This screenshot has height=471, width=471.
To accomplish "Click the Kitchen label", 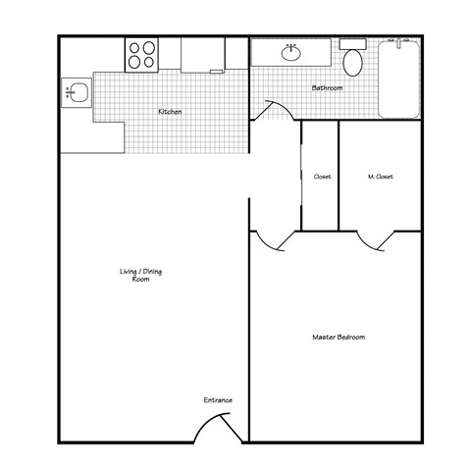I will pyautogui.click(x=170, y=112).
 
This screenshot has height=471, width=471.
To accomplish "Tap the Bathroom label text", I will pyautogui.click(x=327, y=88).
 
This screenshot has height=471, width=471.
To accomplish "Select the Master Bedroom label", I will pyautogui.click(x=339, y=338).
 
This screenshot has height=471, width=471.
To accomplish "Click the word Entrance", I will pyautogui.click(x=218, y=399).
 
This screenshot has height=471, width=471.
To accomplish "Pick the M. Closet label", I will pyautogui.click(x=380, y=177).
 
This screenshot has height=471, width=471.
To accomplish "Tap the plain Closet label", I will pyautogui.click(x=321, y=177).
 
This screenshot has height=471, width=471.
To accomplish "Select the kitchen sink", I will pyautogui.click(x=78, y=94).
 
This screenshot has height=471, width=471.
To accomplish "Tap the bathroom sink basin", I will pyautogui.click(x=292, y=53).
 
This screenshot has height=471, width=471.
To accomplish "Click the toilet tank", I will pyautogui.click(x=353, y=44).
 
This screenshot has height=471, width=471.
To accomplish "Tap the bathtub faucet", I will pyautogui.click(x=399, y=43).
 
